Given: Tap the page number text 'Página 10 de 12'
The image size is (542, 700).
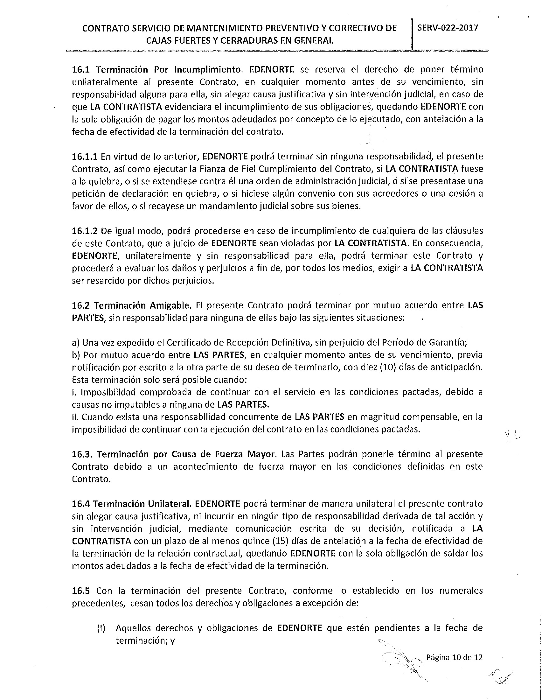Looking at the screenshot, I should click(454, 658).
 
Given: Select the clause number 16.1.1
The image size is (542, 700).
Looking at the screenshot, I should click(85, 157).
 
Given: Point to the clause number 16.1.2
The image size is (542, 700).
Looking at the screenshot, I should click(85, 231).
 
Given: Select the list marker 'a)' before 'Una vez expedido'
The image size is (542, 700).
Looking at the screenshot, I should click(76, 343).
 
